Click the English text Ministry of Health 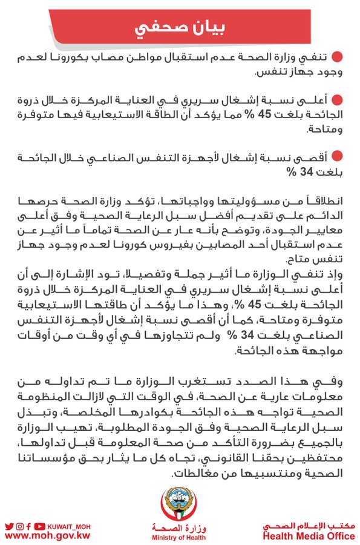click(x=180, y=537)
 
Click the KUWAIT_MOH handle click(x=68, y=526)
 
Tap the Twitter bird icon click(x=8, y=526)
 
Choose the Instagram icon click(x=19, y=526)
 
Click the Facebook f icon click(x=29, y=526)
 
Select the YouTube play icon click(x=39, y=526)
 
